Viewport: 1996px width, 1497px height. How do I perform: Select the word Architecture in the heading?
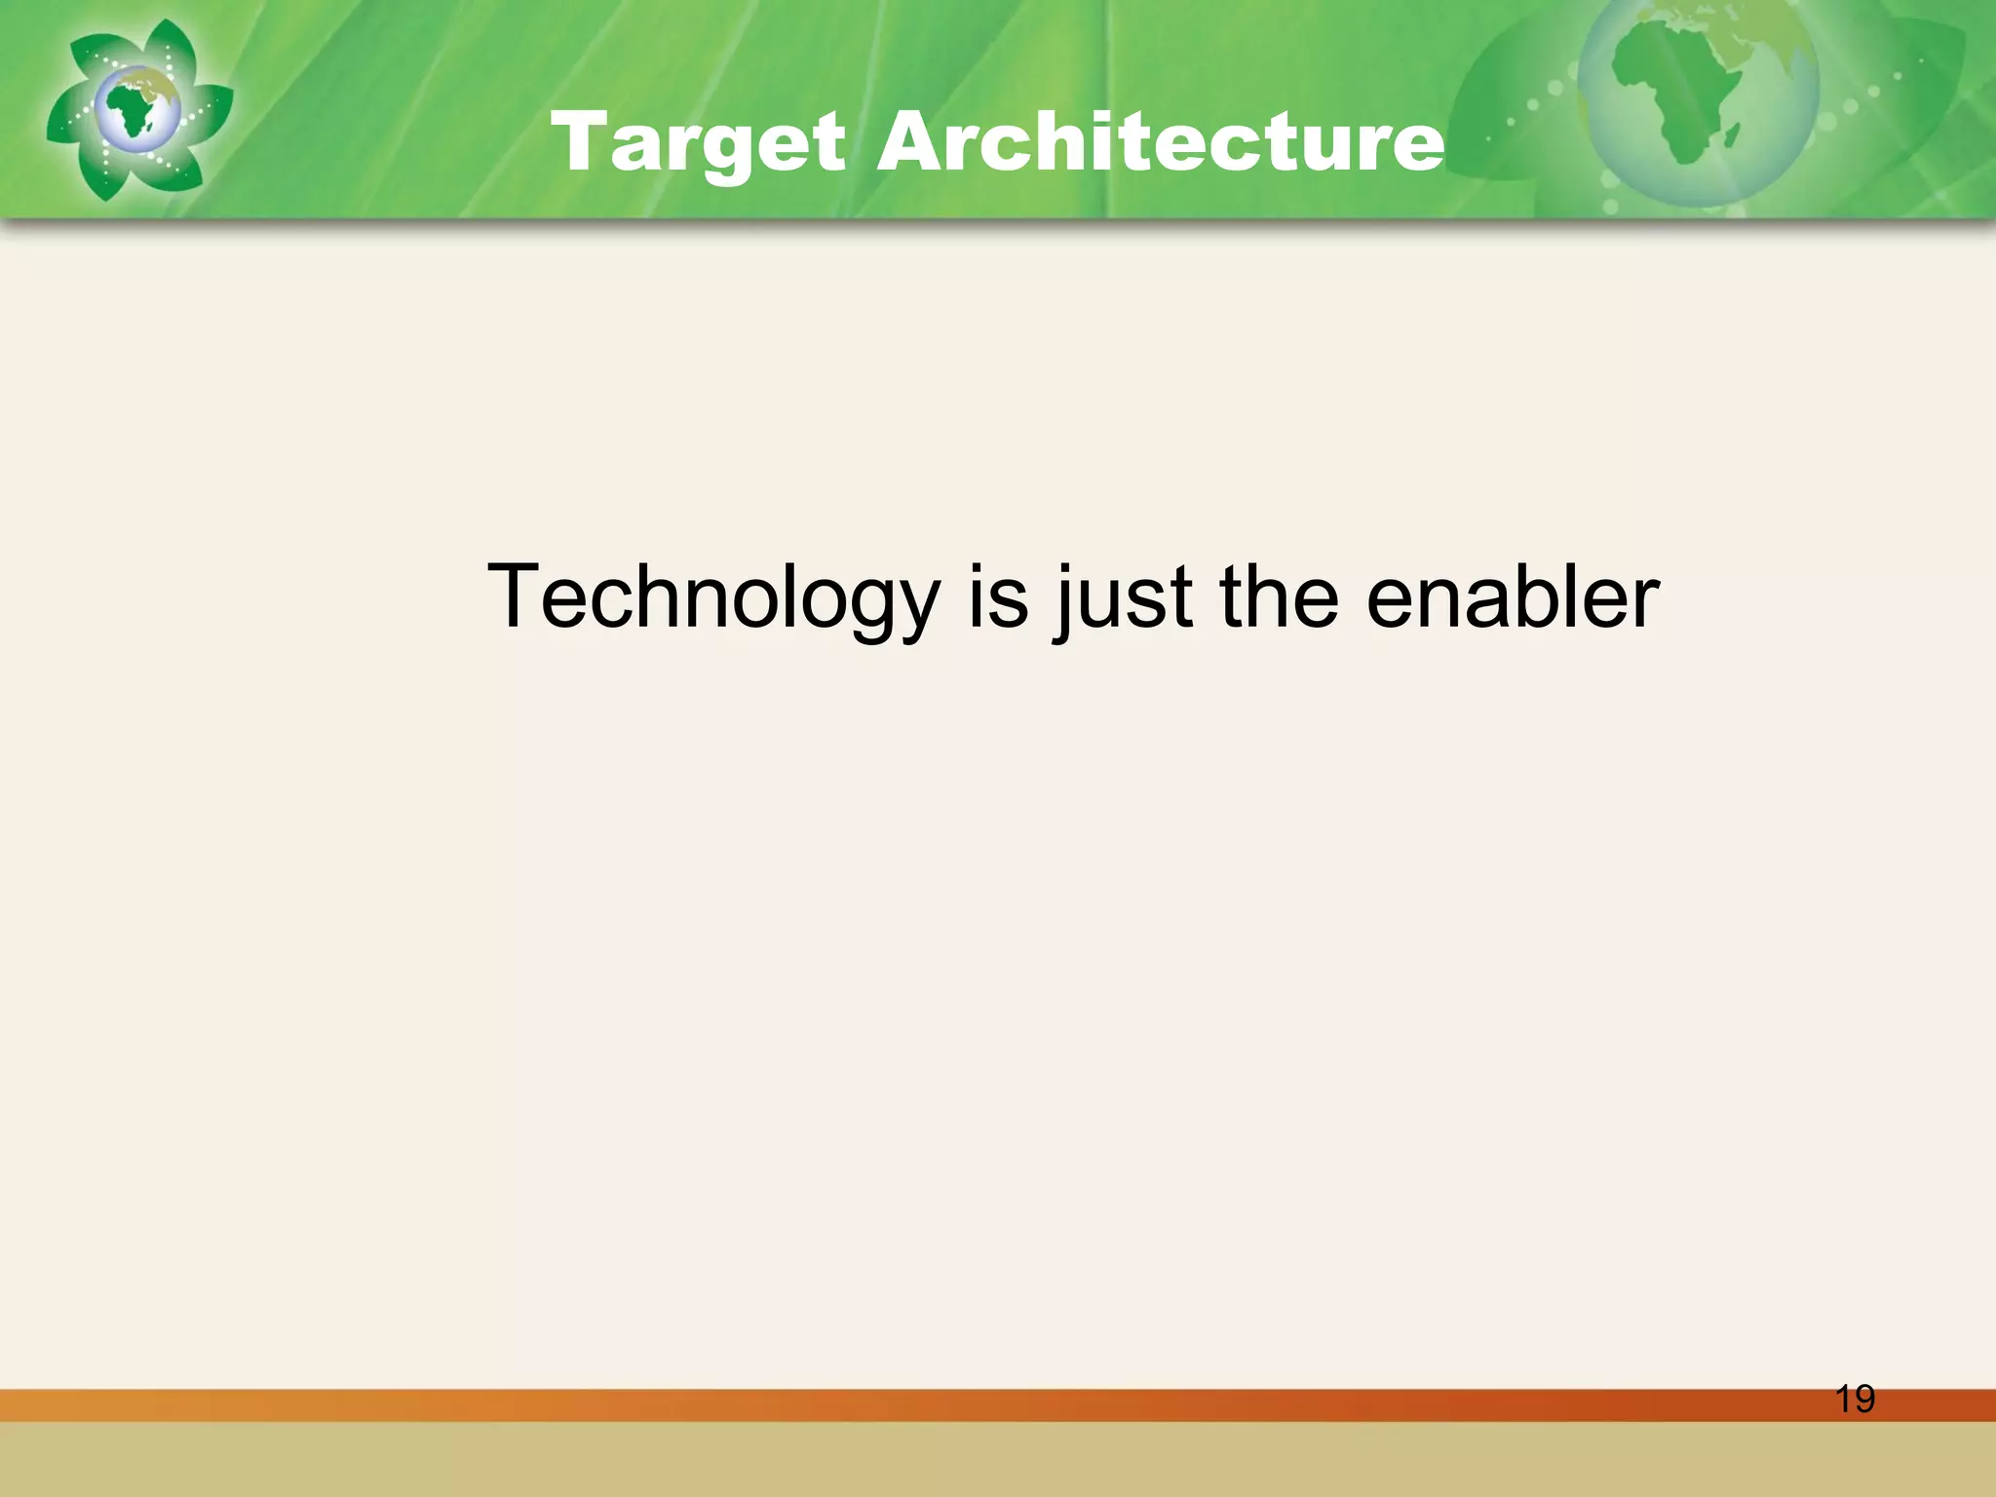(1160, 143)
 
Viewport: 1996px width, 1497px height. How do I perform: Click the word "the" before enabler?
(1279, 596)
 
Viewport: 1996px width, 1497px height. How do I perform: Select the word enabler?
(1512, 596)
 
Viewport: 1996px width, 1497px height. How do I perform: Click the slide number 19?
(1855, 1399)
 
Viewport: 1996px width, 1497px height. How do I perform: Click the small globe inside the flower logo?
(137, 108)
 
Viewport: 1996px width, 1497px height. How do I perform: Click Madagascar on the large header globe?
(1732, 134)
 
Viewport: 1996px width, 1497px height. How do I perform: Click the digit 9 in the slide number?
(1863, 1399)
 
